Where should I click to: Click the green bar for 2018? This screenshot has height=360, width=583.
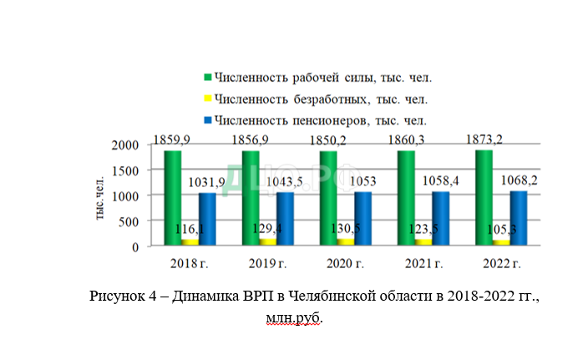pos(172,197)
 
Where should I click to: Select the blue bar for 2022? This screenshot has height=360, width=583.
pos(519,218)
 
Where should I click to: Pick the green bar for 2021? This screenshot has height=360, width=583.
pos(406,197)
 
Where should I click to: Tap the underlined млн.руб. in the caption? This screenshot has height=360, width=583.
pos(294,318)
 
